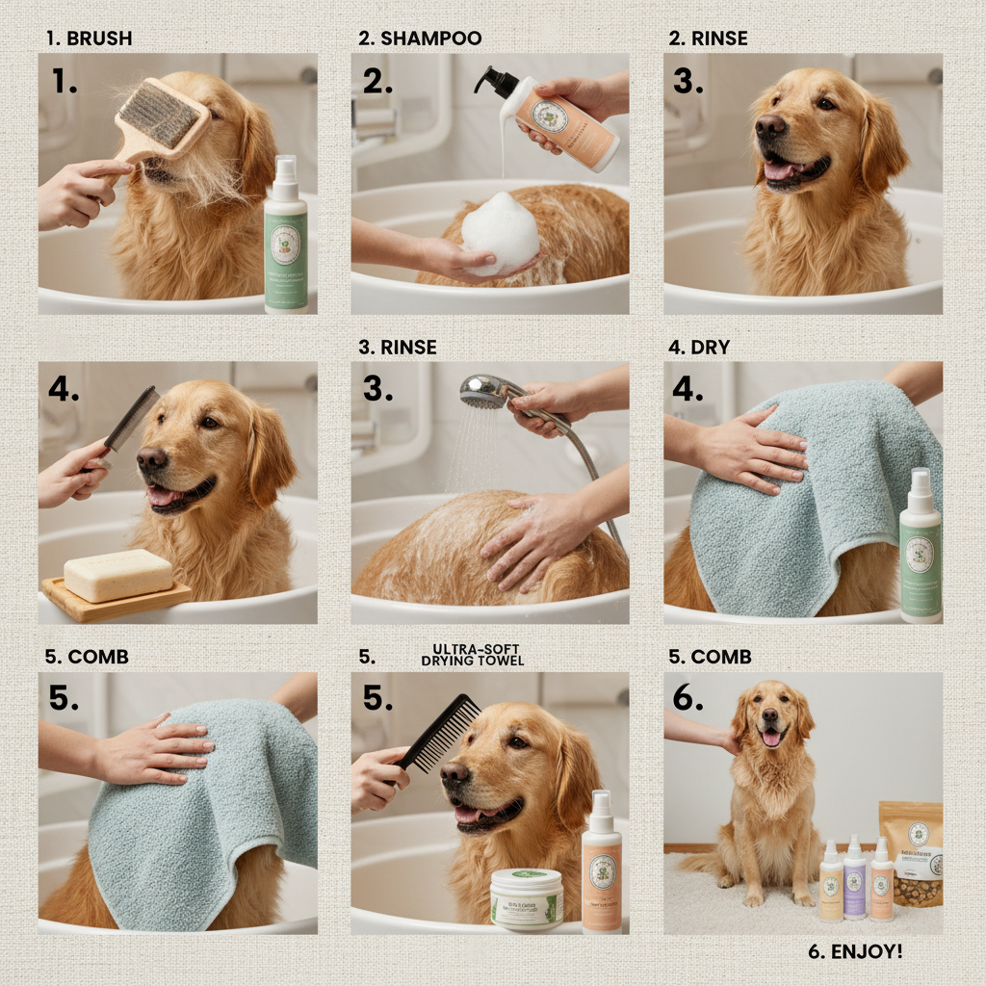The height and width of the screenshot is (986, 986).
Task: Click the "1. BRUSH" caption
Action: (89, 39)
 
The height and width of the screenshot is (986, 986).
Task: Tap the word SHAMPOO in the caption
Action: (430, 39)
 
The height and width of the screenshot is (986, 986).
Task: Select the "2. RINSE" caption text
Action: (708, 39)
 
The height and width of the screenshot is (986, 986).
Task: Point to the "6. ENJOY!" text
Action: (855, 951)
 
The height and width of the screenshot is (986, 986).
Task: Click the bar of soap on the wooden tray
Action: (117, 575)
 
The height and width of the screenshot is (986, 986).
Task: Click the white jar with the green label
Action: (527, 898)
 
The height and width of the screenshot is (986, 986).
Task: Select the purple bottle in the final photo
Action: (854, 877)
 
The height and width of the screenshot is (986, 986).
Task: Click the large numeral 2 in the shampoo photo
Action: (376, 81)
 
